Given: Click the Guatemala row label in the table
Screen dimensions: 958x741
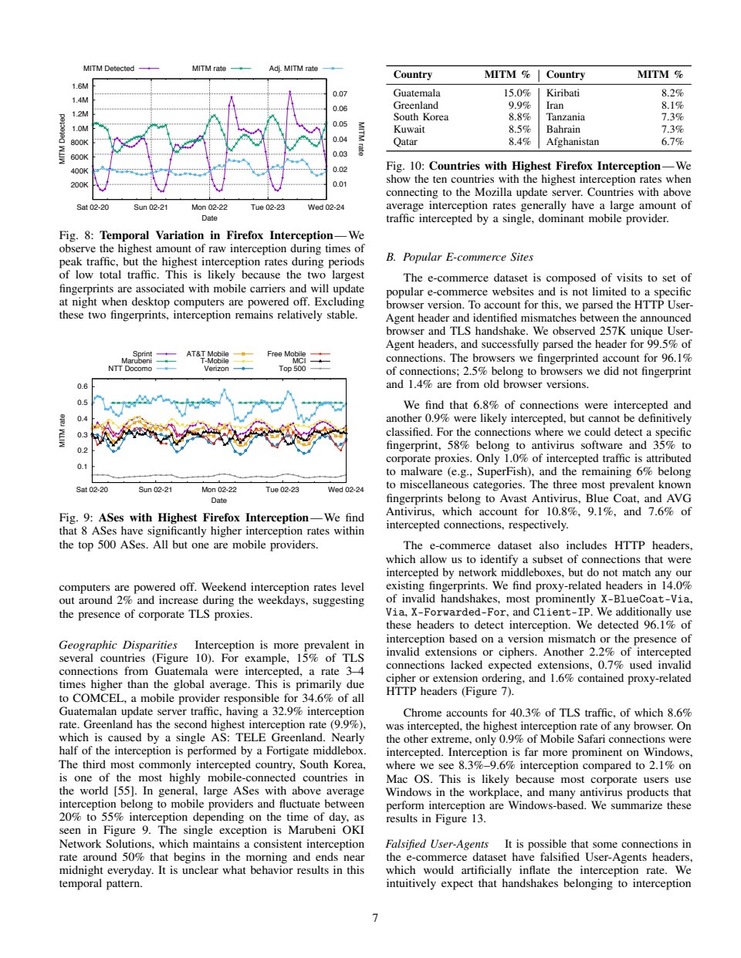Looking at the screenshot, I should (x=416, y=93).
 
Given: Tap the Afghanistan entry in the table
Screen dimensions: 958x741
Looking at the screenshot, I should (x=572, y=142).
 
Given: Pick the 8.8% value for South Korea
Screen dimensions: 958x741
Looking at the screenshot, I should (x=519, y=117).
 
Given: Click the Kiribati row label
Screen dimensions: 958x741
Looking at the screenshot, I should (x=563, y=93).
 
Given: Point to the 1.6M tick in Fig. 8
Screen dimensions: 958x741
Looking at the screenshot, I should (x=80, y=86).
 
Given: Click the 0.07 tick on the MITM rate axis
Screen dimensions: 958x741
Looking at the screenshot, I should (x=340, y=94).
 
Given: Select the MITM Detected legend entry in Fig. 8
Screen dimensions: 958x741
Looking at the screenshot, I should (x=109, y=69).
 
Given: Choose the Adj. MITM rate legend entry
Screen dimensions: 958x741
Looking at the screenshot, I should (x=293, y=69).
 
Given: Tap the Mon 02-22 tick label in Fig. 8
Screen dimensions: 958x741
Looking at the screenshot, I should (x=209, y=207).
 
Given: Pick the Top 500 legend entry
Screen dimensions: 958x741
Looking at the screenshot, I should (x=293, y=369).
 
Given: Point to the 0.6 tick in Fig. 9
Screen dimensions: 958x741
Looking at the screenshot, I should (x=82, y=386).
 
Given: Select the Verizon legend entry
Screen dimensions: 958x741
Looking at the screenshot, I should (x=216, y=369).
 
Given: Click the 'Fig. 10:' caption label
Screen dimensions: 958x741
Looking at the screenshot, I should (x=405, y=166).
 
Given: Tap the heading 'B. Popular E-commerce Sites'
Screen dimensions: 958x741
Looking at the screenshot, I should (x=459, y=258).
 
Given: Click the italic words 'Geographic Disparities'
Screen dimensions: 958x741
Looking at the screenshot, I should (x=117, y=645).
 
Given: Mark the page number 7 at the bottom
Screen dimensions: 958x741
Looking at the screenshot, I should (x=375, y=918).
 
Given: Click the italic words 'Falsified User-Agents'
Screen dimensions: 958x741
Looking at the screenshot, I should (x=437, y=845).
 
